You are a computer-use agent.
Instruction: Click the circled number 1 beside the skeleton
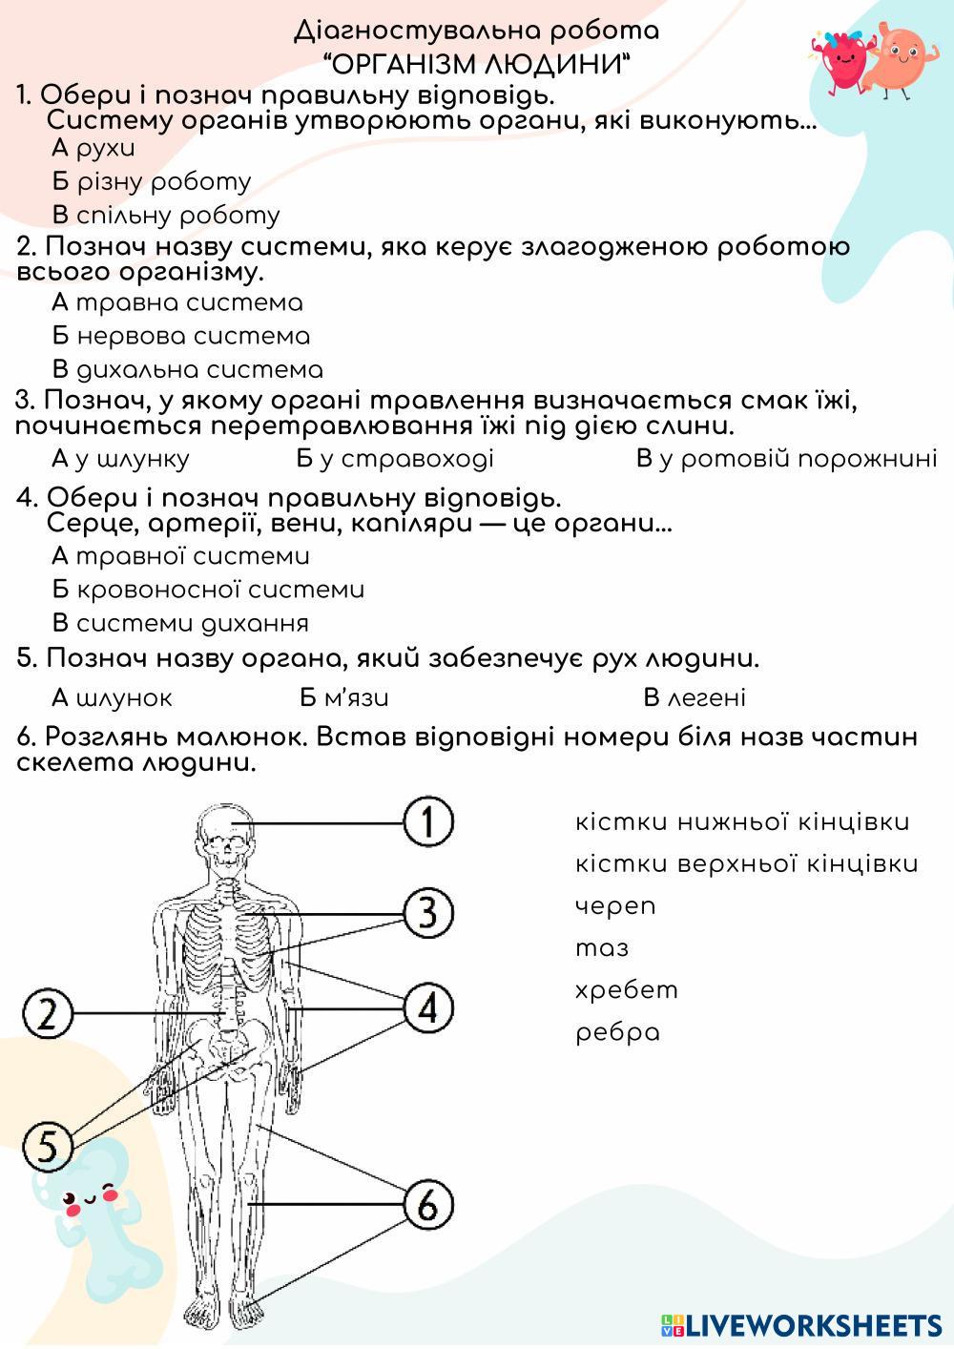coord(428,822)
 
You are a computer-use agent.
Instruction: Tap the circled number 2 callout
coord(48,1012)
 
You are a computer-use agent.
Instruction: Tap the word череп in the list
coord(615,905)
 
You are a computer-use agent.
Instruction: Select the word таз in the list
coord(602,947)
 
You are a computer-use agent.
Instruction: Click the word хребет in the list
coord(627,989)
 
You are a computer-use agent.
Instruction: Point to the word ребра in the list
coord(617,1032)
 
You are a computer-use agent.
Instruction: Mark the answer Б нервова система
coord(181,336)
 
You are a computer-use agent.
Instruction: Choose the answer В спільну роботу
coord(166,215)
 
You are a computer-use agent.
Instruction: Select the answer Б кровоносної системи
coord(208,590)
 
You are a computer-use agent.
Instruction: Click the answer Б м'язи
coord(343,697)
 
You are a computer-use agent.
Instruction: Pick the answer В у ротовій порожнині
coord(786,459)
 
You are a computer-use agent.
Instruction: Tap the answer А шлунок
coord(112,697)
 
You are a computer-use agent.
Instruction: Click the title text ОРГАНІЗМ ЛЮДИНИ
coord(477,65)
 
